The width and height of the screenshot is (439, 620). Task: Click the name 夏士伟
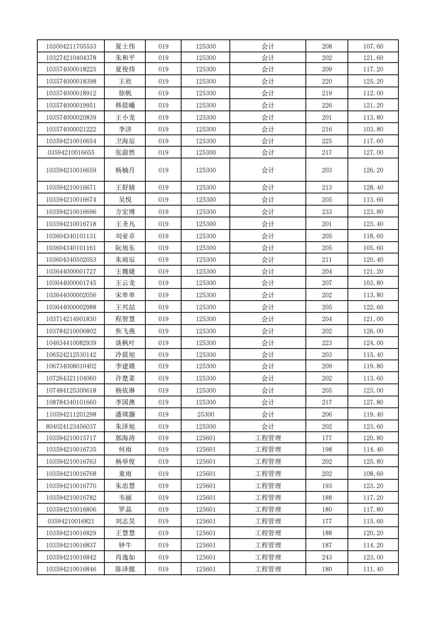(x=125, y=46)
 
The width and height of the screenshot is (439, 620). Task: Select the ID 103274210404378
(x=71, y=58)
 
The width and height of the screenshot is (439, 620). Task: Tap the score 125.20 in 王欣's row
(x=373, y=81)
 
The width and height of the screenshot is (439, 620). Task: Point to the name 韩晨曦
(x=125, y=105)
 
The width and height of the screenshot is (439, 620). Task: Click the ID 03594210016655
(x=71, y=153)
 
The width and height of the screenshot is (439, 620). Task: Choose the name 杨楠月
(x=125, y=170)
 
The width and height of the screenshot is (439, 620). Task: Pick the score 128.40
(x=373, y=188)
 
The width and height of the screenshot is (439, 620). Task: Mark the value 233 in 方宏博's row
(x=327, y=212)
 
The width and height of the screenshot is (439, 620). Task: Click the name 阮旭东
(x=125, y=248)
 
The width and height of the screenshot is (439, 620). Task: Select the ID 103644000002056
(x=71, y=295)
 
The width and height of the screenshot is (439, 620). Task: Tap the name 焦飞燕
(x=125, y=331)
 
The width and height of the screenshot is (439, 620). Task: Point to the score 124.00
(x=373, y=343)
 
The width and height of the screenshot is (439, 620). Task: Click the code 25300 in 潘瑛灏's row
(x=205, y=414)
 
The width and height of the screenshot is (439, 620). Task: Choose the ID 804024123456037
(x=71, y=427)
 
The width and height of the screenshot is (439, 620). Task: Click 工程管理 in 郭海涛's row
(x=268, y=438)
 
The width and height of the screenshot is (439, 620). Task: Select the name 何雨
(x=125, y=449)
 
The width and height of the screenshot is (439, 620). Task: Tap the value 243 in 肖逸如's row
(x=327, y=557)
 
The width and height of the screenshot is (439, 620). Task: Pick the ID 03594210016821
(x=71, y=521)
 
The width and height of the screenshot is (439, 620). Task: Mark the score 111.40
(x=373, y=569)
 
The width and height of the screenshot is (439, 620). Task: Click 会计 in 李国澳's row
(x=268, y=402)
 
